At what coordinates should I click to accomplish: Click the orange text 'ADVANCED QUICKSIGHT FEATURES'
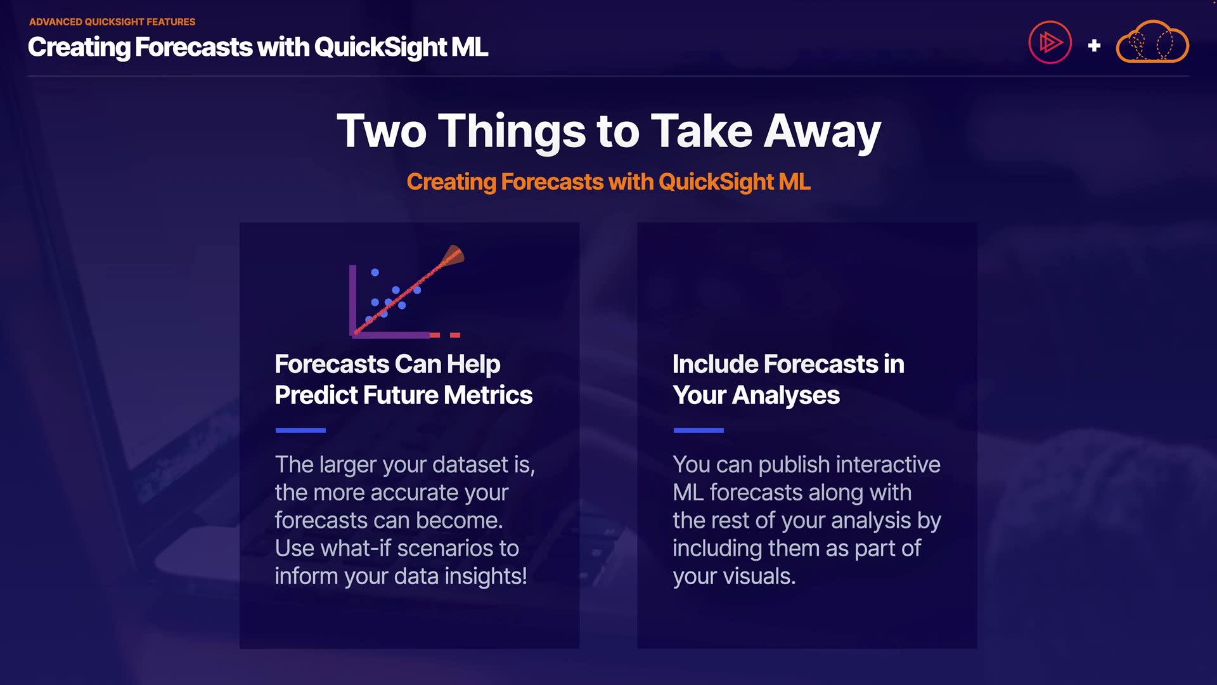coord(112,22)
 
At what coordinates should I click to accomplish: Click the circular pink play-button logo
coord(1050,42)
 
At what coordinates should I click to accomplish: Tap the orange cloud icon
coord(1152,42)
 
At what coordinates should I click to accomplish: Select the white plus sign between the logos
coord(1094,46)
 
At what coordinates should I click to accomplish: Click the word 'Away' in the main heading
coord(822,132)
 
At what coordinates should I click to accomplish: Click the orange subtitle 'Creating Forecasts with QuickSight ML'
coord(608,182)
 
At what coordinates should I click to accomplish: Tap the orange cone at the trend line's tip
coord(453,256)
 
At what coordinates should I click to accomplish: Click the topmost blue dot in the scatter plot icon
coord(375,272)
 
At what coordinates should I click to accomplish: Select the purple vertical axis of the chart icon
coord(352,300)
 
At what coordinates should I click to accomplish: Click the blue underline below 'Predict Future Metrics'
coord(300,430)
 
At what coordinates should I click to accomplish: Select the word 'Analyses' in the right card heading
coord(786,396)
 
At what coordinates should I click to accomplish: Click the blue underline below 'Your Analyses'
coord(699,430)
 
